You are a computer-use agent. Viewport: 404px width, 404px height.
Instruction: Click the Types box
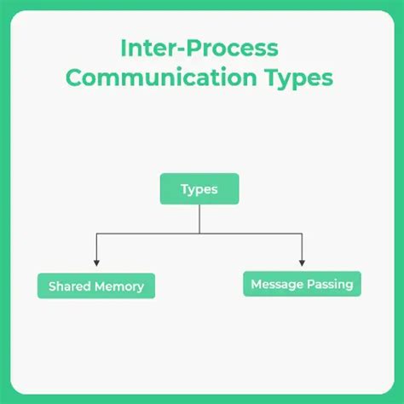point(199,189)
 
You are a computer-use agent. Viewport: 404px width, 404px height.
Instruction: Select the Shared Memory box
point(96,286)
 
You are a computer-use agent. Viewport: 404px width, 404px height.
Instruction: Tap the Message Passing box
point(302,284)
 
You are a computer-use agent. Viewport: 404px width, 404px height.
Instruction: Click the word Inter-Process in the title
point(199,48)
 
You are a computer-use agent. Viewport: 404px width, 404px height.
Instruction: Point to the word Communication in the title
point(157,78)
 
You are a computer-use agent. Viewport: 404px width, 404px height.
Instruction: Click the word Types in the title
point(294,79)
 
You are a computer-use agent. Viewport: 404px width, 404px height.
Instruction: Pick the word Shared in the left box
point(70,286)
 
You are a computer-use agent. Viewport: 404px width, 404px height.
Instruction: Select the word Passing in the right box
point(331,284)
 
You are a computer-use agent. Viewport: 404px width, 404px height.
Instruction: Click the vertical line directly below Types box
point(199,219)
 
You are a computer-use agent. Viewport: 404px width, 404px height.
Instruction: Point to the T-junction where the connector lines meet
point(199,233)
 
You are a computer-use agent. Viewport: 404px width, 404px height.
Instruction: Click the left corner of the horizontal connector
point(96,233)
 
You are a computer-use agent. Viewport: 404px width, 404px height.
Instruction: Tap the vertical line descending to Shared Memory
point(96,247)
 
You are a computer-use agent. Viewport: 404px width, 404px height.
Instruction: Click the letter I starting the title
point(124,48)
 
